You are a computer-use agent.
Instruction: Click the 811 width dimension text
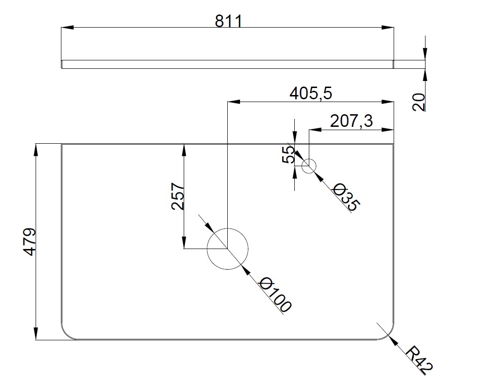pos(229,22)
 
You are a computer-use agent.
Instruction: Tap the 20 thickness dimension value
pos(418,102)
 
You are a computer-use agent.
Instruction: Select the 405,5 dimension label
pos(311,93)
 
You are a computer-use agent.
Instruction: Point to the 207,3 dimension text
pos(351,121)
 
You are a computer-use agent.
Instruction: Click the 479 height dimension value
pos(30,242)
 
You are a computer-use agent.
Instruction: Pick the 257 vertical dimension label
pos(178,196)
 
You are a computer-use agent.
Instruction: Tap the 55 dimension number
pos(288,154)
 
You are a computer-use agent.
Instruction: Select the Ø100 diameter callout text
pos(275,294)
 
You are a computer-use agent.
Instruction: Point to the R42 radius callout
pos(419,360)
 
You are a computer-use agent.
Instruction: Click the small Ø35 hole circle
pos(309,166)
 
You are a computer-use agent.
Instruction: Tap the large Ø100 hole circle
pos(227,249)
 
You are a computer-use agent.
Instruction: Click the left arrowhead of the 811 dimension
pos(67,28)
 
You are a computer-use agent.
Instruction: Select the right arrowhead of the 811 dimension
pos(388,28)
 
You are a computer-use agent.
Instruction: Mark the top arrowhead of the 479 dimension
pos(36,150)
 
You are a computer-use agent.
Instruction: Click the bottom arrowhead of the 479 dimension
pos(36,334)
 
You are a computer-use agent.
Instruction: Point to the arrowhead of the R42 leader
pos(394,341)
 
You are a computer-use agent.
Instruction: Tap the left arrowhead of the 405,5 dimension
pos(234,102)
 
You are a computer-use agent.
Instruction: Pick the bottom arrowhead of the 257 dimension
pos(184,242)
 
